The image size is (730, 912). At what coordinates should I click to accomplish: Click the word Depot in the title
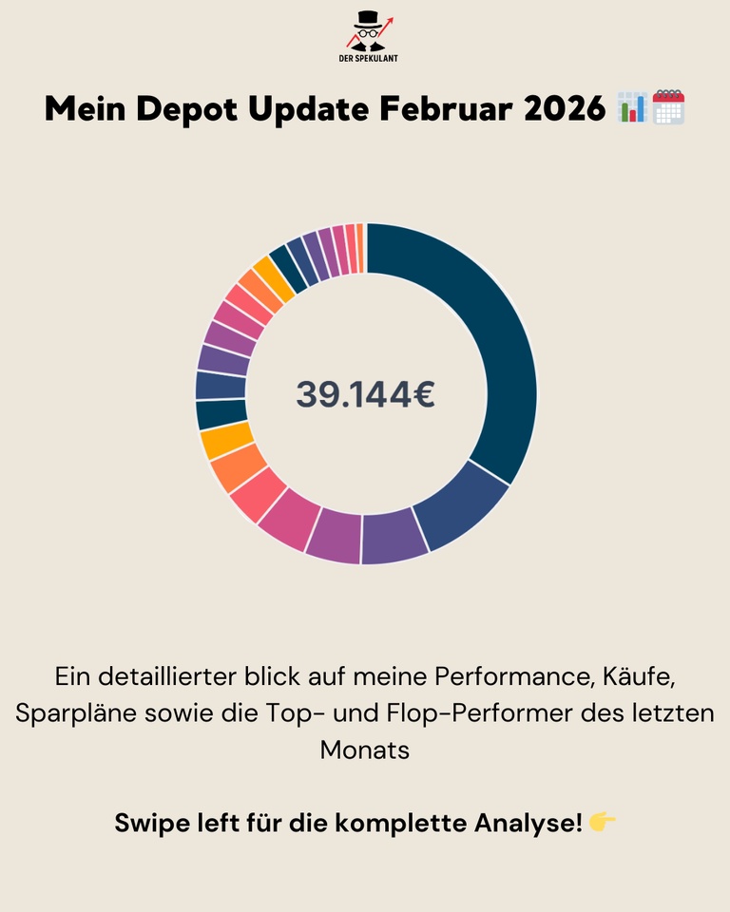tap(184, 109)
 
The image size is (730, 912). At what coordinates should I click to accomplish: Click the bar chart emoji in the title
tap(632, 108)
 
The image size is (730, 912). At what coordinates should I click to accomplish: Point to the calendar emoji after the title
tap(669, 107)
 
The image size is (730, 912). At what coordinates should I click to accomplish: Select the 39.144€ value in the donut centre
tap(365, 394)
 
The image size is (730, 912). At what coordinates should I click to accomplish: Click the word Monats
tap(365, 749)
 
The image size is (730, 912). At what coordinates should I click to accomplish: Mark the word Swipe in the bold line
tap(152, 823)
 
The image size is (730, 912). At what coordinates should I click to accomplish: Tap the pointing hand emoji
tap(603, 822)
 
